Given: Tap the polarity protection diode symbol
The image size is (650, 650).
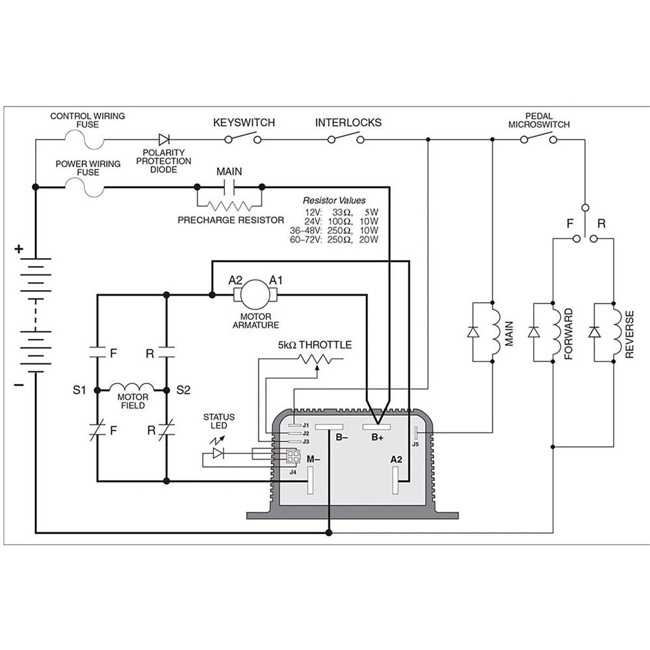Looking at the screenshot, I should coord(164,139).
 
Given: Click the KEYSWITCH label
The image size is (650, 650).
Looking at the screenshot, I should coord(244,123).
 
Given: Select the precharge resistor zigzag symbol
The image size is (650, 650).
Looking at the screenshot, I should coord(229,205).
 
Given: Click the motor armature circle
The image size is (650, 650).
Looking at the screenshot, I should coord(255,295).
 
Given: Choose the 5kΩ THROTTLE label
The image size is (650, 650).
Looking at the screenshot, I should coord(315,345).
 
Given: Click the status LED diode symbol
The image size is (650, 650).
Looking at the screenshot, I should coord(218,453).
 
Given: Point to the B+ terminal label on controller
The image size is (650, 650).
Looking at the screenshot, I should coord(378,438).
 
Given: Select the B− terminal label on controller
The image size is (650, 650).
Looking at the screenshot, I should coord(342,438).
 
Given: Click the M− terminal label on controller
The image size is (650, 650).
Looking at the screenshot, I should coord(313,460).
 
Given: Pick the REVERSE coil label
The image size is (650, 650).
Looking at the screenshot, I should coord(629,334).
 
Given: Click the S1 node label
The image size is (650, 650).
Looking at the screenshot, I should coord(79,391).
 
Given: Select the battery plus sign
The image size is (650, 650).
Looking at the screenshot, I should coord(19,248).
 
